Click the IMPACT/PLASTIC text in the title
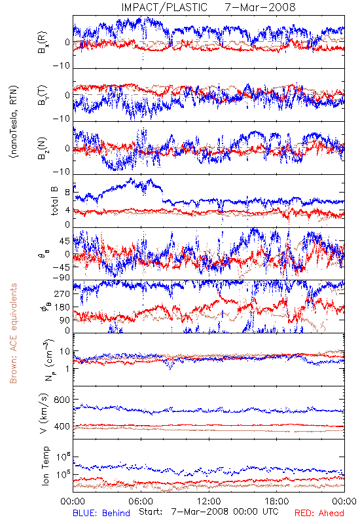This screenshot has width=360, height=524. point(164,7)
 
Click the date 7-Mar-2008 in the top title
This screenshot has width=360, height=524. point(260,7)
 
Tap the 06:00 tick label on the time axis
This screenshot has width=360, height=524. point(141,501)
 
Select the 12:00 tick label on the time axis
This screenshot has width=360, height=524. point(209,501)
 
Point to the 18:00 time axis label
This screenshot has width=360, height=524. point(277,501)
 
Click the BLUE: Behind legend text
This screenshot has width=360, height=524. point(101,513)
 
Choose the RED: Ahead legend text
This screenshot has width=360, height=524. point(319,513)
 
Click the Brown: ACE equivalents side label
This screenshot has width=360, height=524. point(13,333)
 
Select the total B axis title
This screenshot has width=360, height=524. point(54,201)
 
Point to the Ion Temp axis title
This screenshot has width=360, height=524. point(45,466)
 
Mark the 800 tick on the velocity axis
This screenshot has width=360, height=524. point(62,400)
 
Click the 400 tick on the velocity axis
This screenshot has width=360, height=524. point(62,426)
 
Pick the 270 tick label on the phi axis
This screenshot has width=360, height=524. point(62,293)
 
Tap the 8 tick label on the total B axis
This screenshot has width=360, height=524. point(67,193)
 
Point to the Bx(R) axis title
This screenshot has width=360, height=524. point(42,43)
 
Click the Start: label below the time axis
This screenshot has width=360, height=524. point(151,512)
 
